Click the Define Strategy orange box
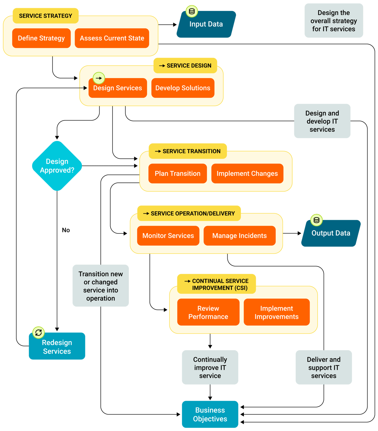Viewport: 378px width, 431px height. [41, 38]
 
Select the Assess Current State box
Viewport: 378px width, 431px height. [112, 38]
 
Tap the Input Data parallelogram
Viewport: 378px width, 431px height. [206, 25]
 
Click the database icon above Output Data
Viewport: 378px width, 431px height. [317, 220]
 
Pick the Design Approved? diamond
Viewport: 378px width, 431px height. [57, 166]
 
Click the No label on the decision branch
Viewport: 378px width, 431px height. [66, 230]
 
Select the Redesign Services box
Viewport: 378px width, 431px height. [57, 347]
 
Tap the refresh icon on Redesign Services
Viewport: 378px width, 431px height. [38, 333]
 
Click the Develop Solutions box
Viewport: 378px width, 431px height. [183, 88]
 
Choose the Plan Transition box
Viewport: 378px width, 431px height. [178, 173]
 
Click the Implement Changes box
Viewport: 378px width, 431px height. [247, 173]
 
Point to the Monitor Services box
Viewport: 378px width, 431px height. [168, 236]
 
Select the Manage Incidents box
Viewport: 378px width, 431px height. [239, 236]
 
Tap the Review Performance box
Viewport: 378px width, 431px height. [208, 312]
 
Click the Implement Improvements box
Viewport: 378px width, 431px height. [277, 312]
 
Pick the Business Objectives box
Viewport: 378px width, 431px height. [210, 414]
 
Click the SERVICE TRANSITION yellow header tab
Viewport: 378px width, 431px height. [188, 151]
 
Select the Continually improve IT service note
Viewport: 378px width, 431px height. [210, 367]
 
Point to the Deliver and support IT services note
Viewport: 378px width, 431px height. [324, 367]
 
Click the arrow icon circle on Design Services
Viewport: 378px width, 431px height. [99, 78]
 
